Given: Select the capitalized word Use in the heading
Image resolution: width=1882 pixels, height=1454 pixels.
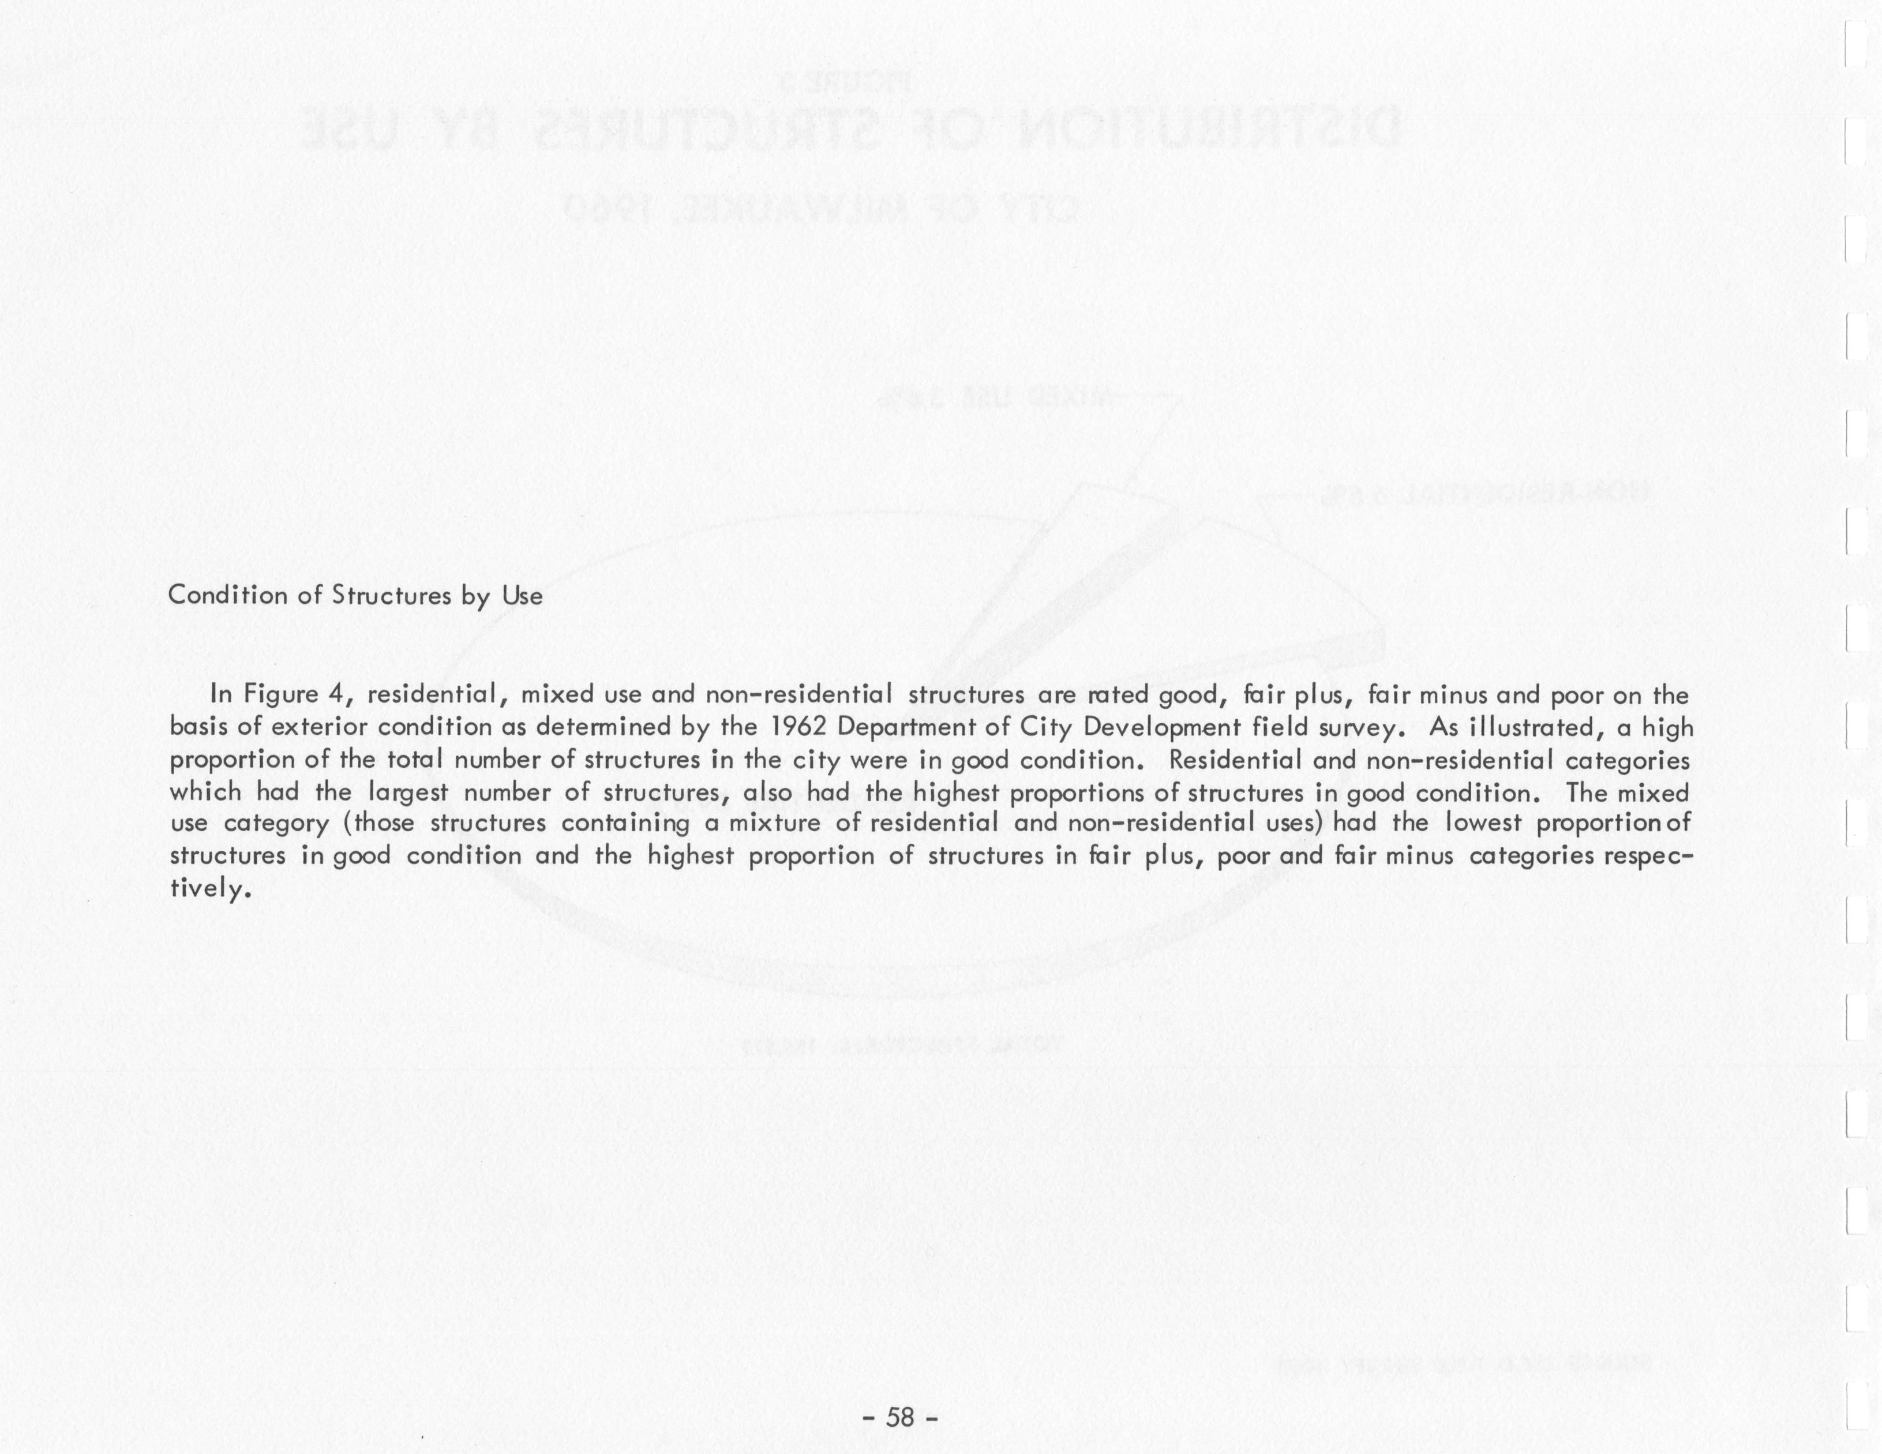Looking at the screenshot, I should (x=522, y=596).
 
